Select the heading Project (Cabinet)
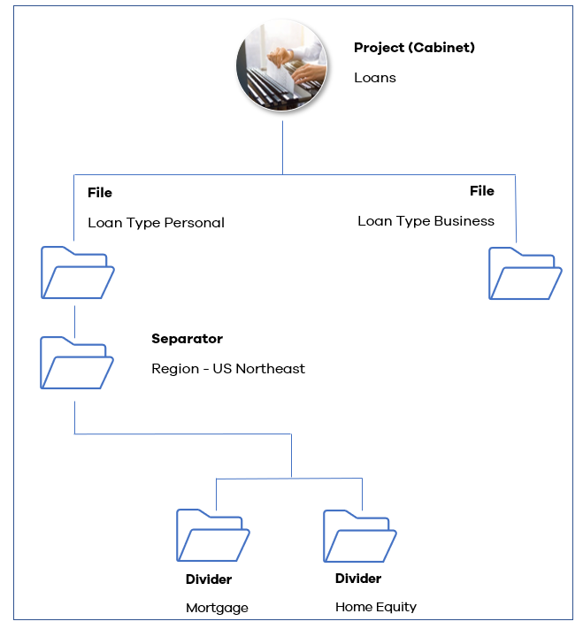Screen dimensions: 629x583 [414, 48]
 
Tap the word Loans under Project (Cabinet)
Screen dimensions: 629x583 [375, 77]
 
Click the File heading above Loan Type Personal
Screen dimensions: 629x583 [100, 192]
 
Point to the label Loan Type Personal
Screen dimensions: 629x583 [156, 222]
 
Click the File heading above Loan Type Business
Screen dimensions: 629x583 [482, 190]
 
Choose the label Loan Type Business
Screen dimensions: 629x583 [426, 220]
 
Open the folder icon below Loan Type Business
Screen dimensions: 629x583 [525, 273]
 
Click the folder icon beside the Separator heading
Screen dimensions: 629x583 [77, 363]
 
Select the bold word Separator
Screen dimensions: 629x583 [187, 338]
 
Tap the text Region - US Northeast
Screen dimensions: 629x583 [228, 368]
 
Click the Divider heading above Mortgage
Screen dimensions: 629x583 [209, 579]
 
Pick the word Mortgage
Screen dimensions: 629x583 [217, 608]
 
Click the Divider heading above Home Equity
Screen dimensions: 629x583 [358, 579]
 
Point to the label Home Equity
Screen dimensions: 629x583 [376, 606]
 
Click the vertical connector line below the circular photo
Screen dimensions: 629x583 [283, 147]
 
